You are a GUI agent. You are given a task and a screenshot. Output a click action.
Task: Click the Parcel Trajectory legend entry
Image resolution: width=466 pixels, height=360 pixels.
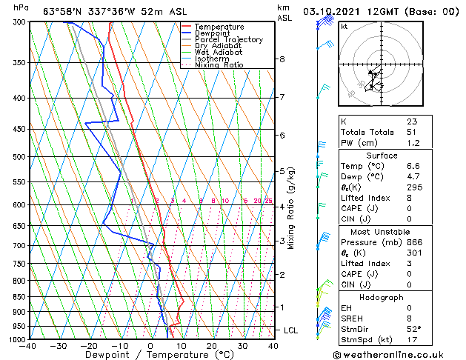228,39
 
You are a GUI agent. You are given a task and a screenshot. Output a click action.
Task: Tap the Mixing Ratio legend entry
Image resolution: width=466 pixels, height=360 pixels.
219,65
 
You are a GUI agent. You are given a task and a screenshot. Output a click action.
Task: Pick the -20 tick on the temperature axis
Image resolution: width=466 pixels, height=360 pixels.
89,346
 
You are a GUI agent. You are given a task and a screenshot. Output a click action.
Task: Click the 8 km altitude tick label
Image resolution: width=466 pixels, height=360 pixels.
282,59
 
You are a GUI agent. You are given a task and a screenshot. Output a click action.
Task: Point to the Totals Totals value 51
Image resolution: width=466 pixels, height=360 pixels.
411,132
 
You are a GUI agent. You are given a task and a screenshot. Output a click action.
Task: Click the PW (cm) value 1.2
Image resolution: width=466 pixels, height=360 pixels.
411,143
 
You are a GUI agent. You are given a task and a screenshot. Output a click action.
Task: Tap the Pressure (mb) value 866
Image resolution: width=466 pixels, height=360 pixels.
413,242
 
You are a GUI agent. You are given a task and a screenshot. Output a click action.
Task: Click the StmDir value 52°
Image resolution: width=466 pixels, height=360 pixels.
413,329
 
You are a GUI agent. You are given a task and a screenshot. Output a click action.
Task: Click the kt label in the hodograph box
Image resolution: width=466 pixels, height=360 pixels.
344,27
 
